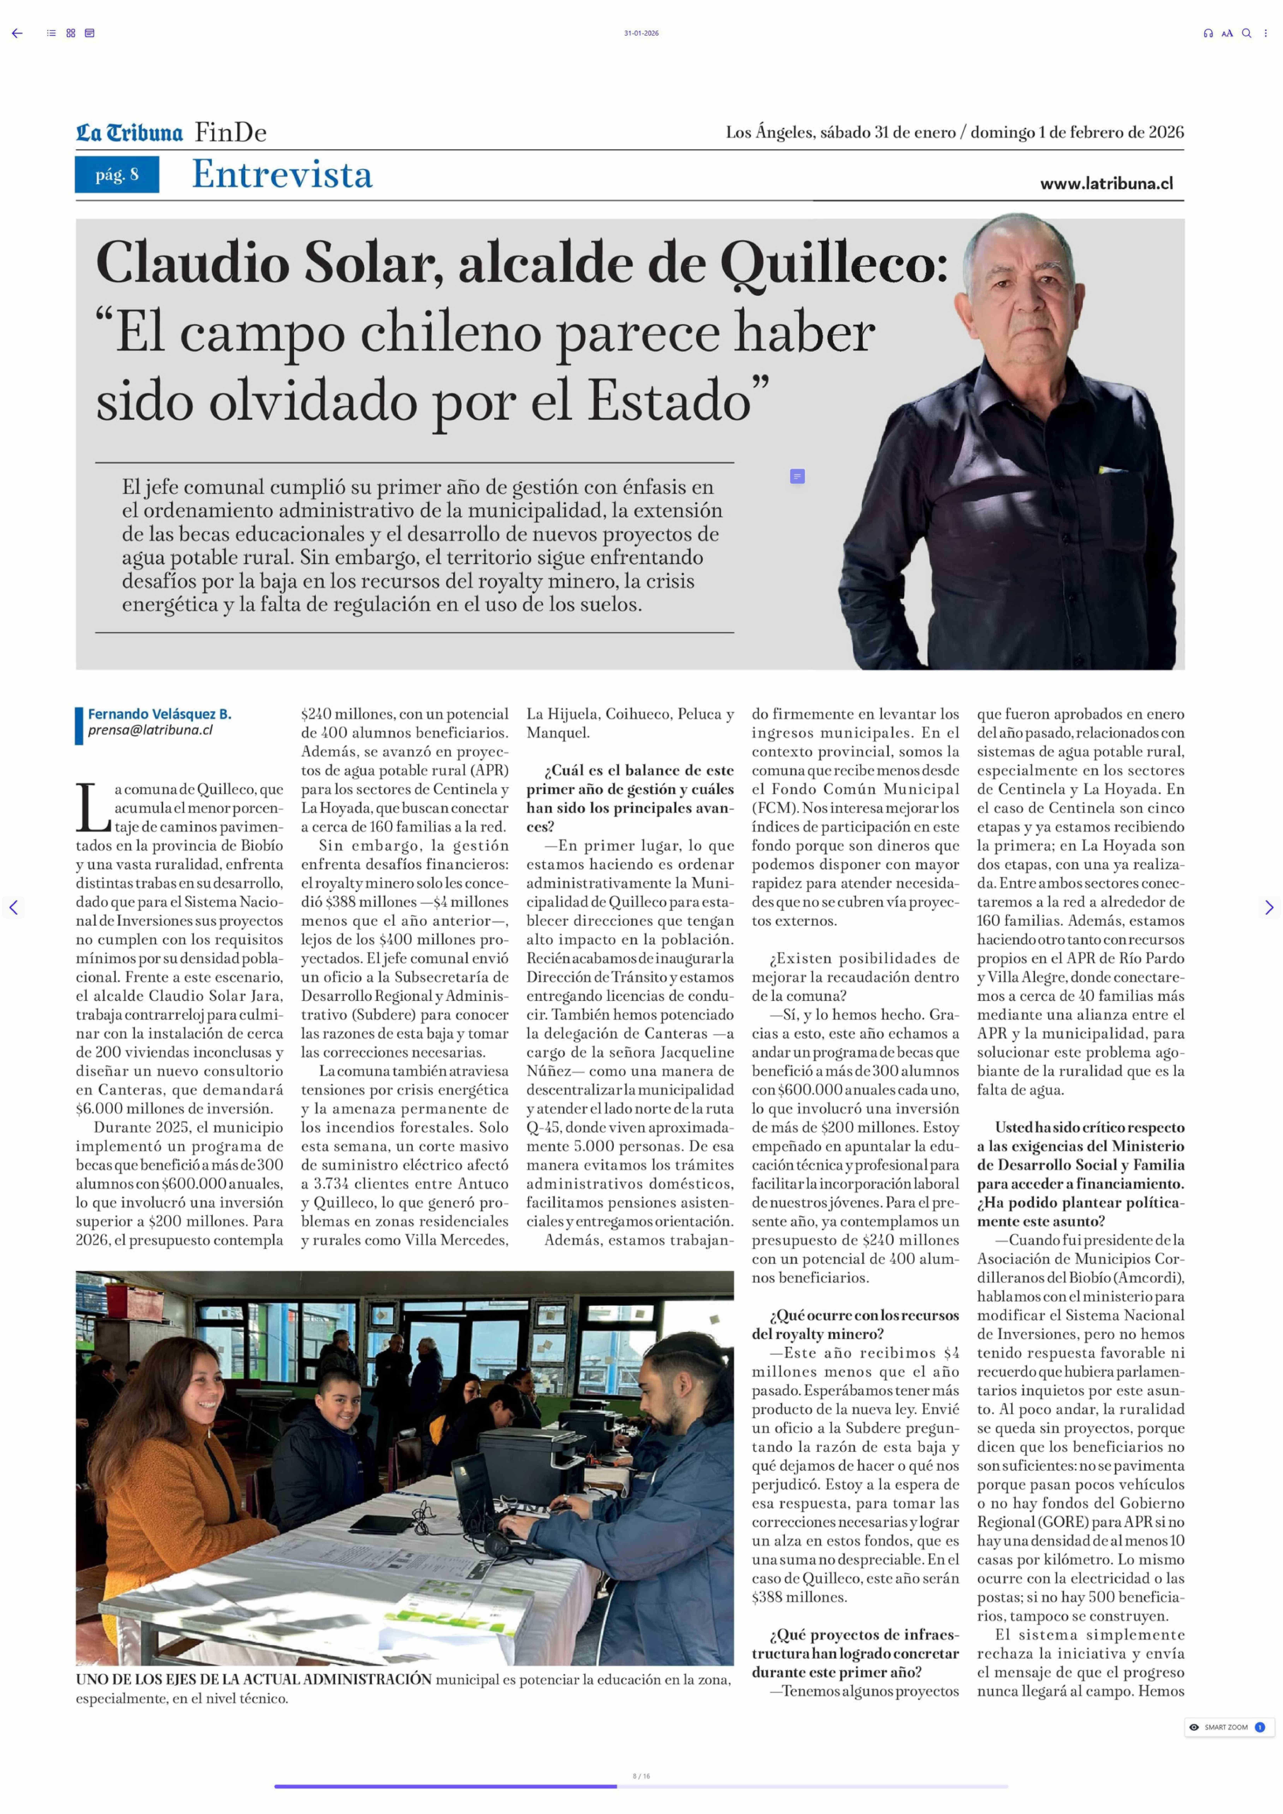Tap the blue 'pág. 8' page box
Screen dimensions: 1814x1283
[x=117, y=175]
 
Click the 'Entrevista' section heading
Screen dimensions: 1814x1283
[x=282, y=175]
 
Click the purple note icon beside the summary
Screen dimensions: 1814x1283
[x=797, y=476]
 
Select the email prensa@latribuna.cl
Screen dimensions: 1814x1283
[x=150, y=730]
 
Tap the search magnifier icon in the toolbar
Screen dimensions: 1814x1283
[x=1246, y=33]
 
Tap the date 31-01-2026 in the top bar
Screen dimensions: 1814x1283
[x=641, y=33]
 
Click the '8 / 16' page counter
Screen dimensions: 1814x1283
[x=641, y=1776]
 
